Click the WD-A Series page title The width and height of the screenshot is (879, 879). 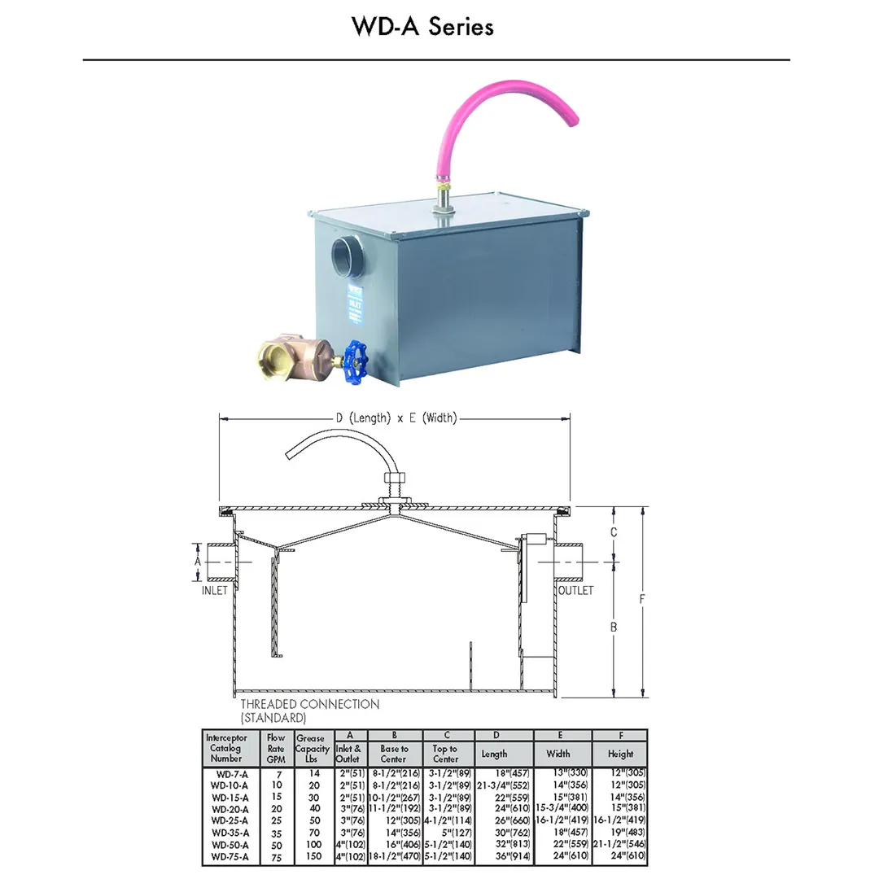(x=422, y=27)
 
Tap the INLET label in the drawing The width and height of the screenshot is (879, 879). (x=215, y=591)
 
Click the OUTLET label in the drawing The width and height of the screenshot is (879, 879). (x=575, y=591)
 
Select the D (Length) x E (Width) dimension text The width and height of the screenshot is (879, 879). (x=396, y=418)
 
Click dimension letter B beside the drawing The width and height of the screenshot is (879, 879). (x=614, y=627)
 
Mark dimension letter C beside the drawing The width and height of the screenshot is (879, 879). (x=614, y=532)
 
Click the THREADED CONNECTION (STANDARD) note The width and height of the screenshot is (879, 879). (x=309, y=711)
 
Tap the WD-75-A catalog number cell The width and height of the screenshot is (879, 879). (x=228, y=857)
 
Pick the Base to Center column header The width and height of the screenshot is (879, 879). (x=394, y=754)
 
